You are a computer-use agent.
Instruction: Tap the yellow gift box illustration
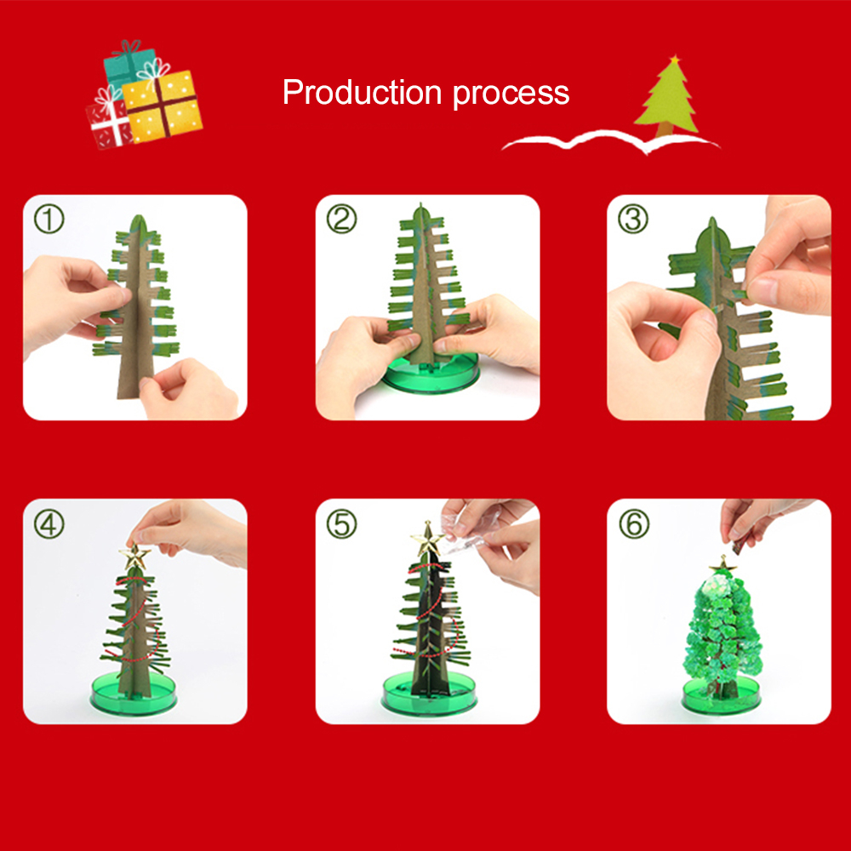[163, 106]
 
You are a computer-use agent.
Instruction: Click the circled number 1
[49, 220]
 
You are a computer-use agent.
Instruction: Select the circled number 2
[342, 220]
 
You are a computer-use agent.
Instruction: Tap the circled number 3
[633, 220]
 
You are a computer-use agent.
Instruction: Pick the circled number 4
[49, 524]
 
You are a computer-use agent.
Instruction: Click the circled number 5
[342, 524]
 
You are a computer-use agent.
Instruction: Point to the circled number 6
[633, 524]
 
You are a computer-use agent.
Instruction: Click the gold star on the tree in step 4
[134, 557]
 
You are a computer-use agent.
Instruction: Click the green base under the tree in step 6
[719, 696]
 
